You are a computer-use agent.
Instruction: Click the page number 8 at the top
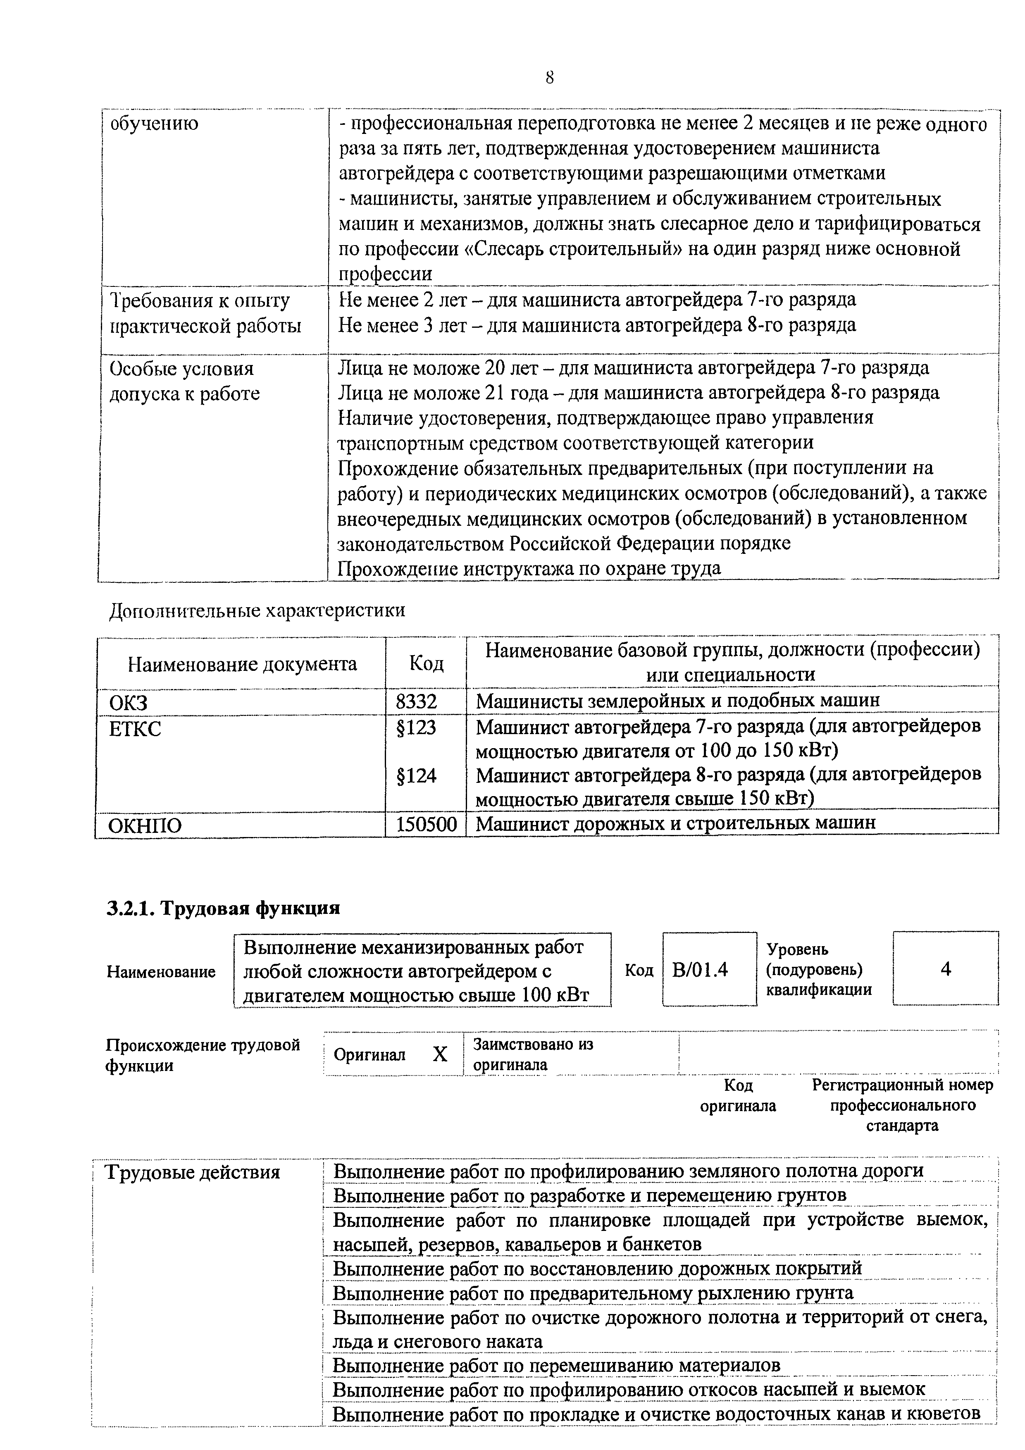(549, 78)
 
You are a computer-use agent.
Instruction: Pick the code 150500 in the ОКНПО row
(426, 825)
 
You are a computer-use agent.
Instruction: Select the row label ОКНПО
(145, 826)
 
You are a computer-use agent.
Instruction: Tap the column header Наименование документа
(242, 664)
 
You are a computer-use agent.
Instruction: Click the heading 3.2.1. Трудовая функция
(223, 908)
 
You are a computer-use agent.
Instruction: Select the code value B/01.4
(700, 969)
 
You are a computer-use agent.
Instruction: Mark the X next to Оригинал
(440, 1054)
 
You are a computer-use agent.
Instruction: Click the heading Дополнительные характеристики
(257, 611)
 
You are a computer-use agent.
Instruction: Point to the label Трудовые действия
(192, 1173)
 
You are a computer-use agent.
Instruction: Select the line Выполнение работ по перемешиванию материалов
(556, 1365)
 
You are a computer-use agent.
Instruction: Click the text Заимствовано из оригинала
(533, 1055)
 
